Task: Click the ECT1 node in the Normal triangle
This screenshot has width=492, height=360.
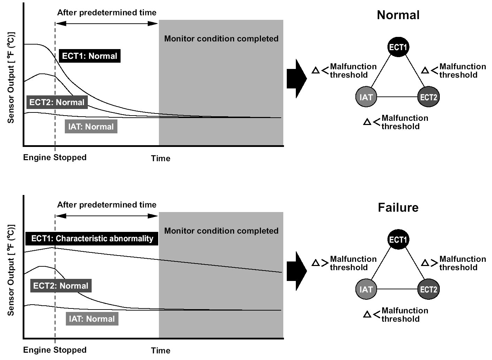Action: pyautogui.click(x=398, y=47)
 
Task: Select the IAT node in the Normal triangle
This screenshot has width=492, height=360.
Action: pyautogui.click(x=366, y=97)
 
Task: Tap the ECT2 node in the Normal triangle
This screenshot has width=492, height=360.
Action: pyautogui.click(x=428, y=97)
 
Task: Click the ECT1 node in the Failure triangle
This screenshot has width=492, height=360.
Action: pyautogui.click(x=398, y=240)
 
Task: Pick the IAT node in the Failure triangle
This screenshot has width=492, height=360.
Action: pyautogui.click(x=366, y=289)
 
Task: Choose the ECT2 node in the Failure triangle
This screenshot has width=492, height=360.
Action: pyautogui.click(x=428, y=289)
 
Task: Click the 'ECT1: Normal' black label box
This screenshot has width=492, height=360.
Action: pyautogui.click(x=90, y=56)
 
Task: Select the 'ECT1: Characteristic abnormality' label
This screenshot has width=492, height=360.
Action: pyautogui.click(x=92, y=238)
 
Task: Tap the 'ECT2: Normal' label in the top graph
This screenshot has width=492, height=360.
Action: pyautogui.click(x=57, y=102)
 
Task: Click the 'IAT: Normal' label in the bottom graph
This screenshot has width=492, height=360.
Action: pyautogui.click(x=92, y=319)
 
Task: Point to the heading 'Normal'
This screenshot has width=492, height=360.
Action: pyautogui.click(x=398, y=15)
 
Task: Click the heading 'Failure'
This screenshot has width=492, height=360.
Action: pyautogui.click(x=398, y=208)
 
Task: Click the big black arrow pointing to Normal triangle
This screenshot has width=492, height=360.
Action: pyautogui.click(x=297, y=79)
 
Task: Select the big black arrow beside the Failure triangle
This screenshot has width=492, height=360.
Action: pyautogui.click(x=297, y=271)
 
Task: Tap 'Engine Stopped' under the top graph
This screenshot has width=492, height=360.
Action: pyautogui.click(x=55, y=157)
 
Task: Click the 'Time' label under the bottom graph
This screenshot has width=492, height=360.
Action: pyautogui.click(x=161, y=351)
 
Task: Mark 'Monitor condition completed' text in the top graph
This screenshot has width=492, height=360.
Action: pyautogui.click(x=221, y=39)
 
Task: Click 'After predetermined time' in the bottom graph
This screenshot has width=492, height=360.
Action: pyautogui.click(x=107, y=205)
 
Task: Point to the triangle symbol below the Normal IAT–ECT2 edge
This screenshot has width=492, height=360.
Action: pyautogui.click(x=367, y=122)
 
